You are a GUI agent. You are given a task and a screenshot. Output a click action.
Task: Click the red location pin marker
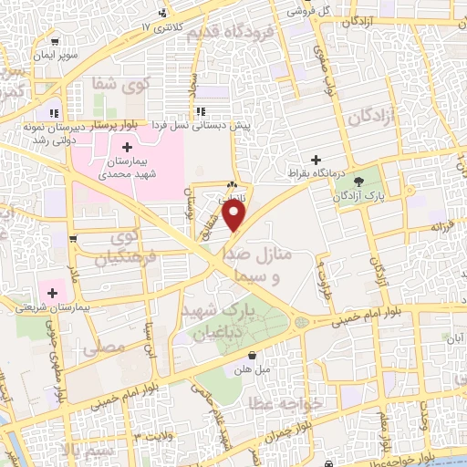point(235,216)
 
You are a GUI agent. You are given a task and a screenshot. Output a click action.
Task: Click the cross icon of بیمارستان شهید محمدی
point(126,146)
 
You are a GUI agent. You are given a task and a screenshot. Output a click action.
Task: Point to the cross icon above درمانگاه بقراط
point(317,159)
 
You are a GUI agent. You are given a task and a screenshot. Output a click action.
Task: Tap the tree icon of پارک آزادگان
point(358,181)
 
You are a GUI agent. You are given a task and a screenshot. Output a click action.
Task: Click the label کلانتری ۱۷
point(157,27)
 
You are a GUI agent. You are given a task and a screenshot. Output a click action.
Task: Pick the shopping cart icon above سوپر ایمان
point(55,42)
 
